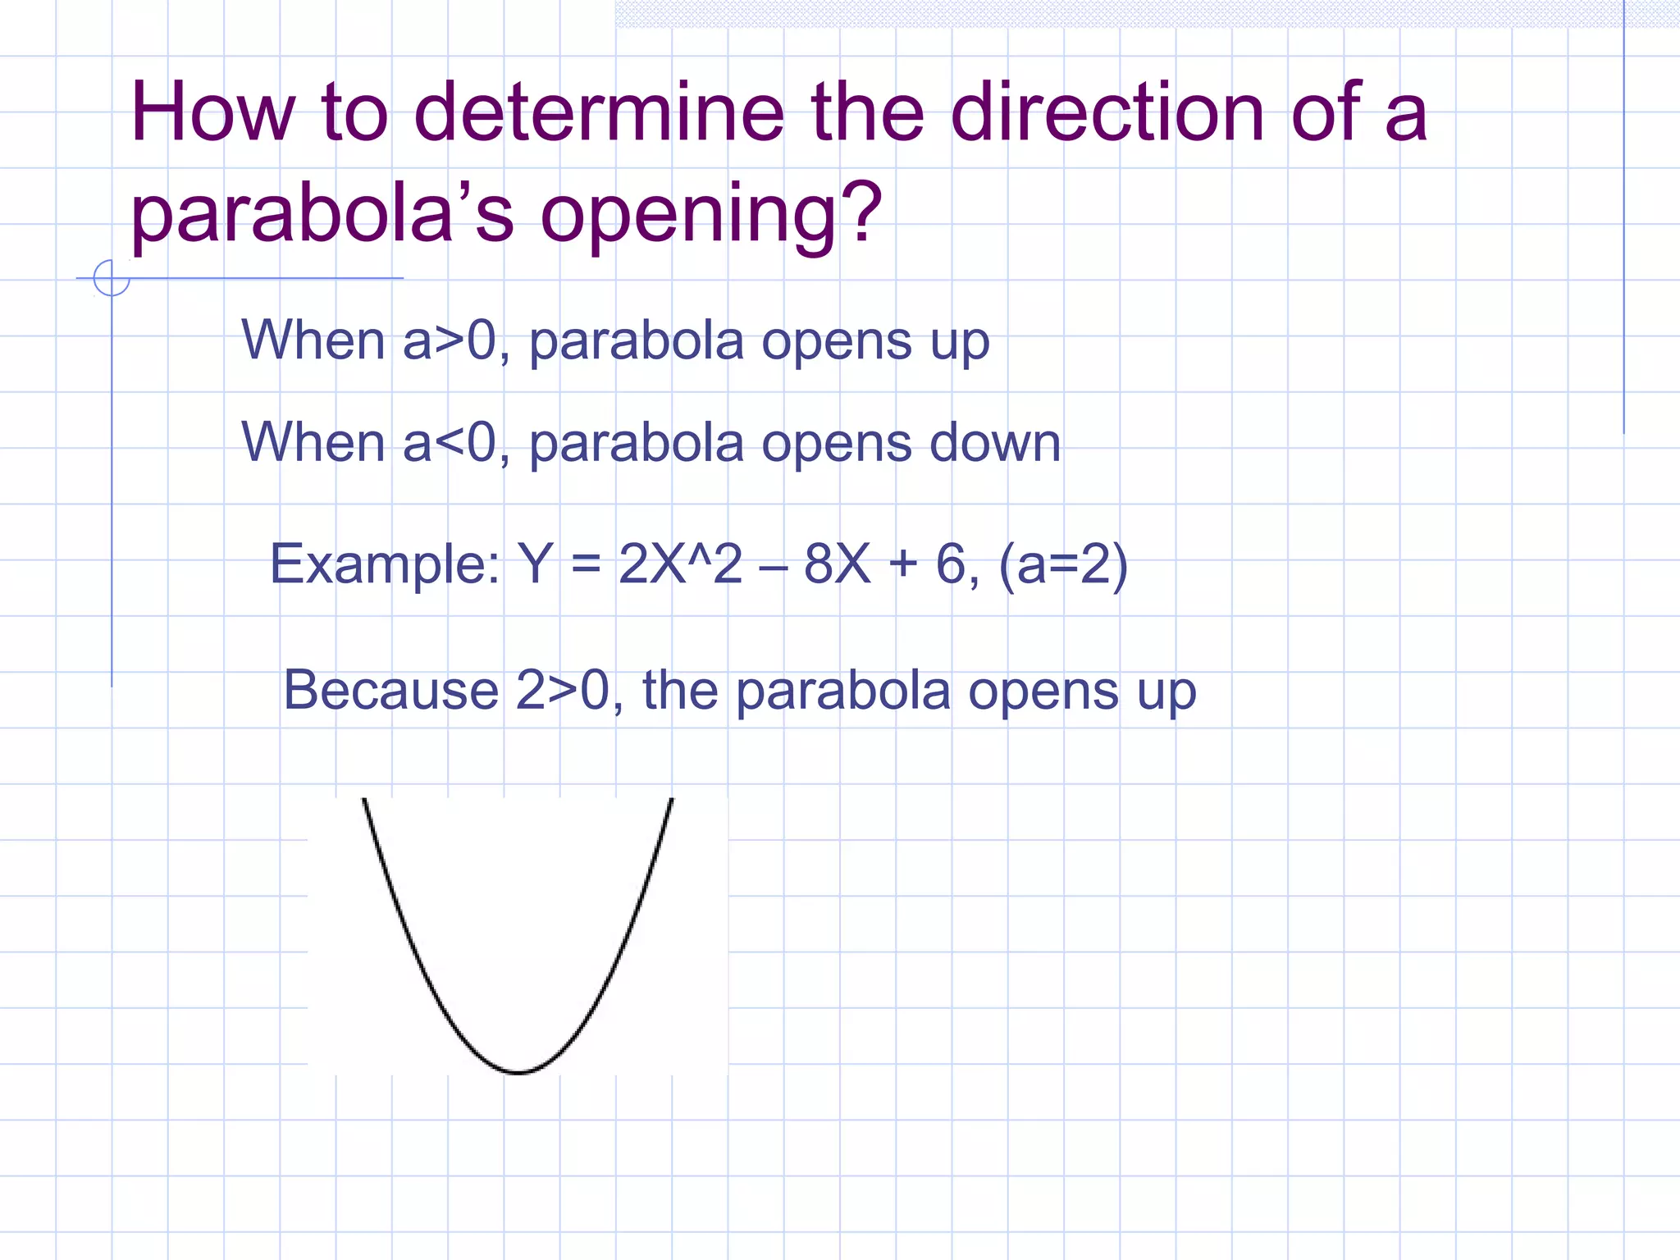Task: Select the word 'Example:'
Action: coord(385,564)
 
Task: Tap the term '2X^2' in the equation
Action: coord(680,564)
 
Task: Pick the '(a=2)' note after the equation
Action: coord(1063,564)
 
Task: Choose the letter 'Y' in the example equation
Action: coord(535,564)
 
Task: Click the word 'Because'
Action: coord(390,690)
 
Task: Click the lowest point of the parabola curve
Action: coord(518,1071)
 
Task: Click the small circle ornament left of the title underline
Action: coord(112,277)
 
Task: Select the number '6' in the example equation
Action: coord(951,564)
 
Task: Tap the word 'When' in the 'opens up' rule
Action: coord(313,340)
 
